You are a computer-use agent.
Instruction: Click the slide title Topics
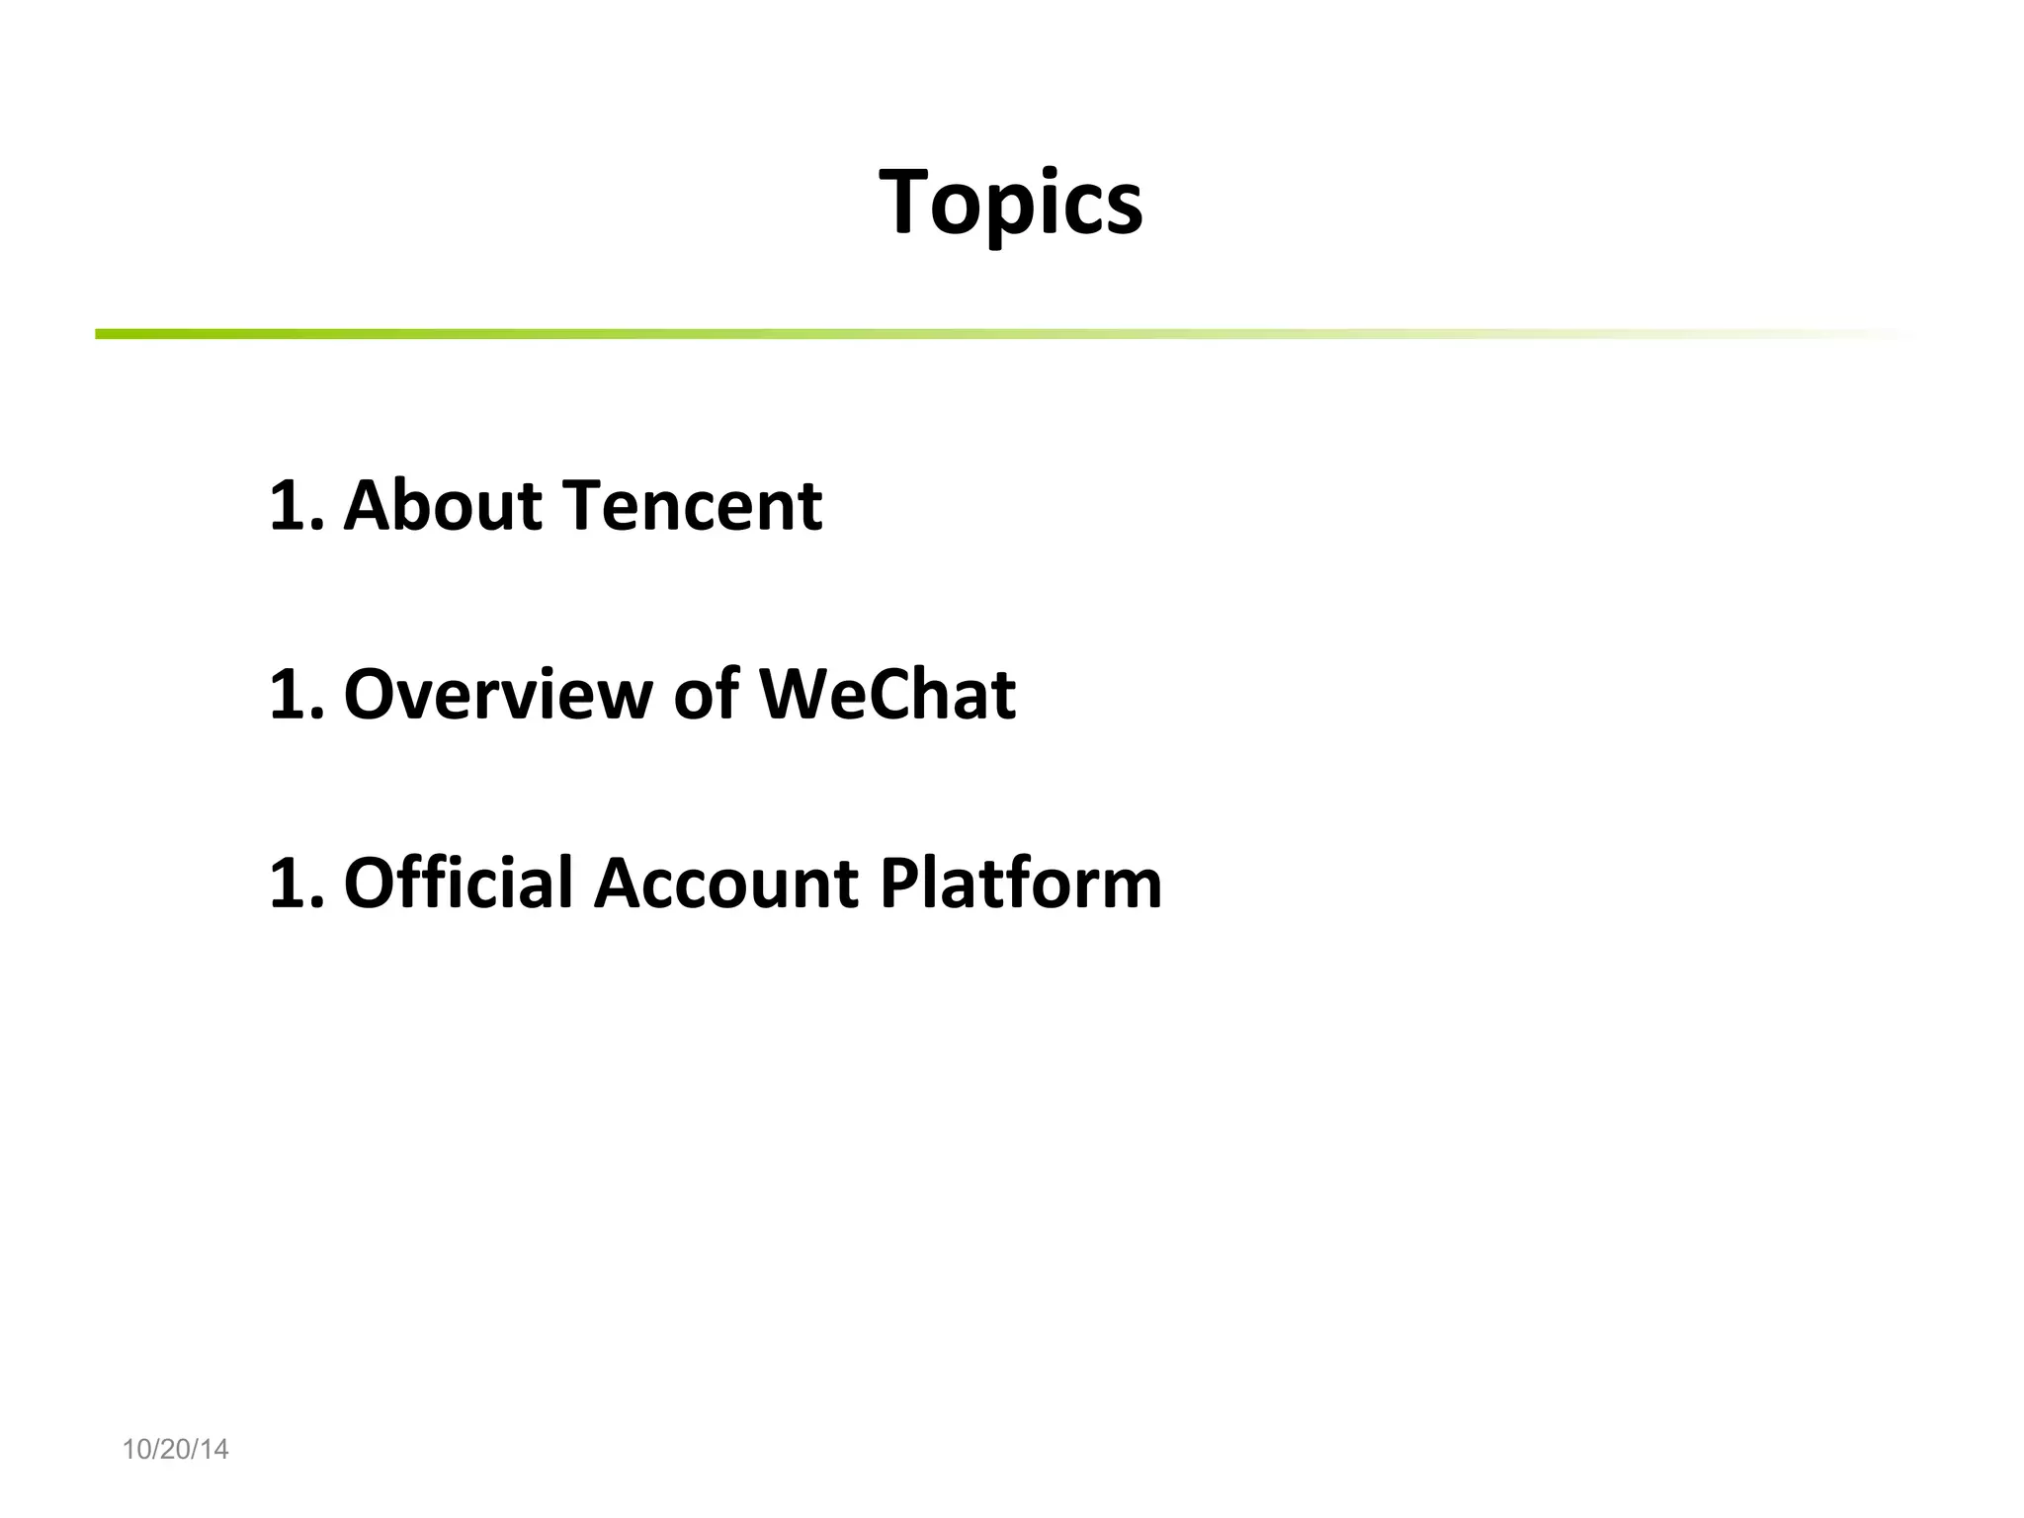[x=1010, y=203]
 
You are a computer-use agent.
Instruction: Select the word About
[x=443, y=505]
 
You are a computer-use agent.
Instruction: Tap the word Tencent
[x=692, y=505]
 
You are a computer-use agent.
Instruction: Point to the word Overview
[x=497, y=694]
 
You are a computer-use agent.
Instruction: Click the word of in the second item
[x=706, y=694]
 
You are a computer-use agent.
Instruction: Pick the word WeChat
[x=886, y=694]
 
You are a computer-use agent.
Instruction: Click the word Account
[x=724, y=882]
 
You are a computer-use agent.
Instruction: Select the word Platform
[x=1020, y=882]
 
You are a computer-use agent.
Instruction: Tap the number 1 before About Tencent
[x=289, y=506]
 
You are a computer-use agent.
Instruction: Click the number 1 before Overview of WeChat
[x=289, y=695]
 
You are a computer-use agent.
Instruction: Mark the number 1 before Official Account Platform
[x=289, y=883]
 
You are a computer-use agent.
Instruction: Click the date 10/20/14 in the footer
[x=175, y=1449]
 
